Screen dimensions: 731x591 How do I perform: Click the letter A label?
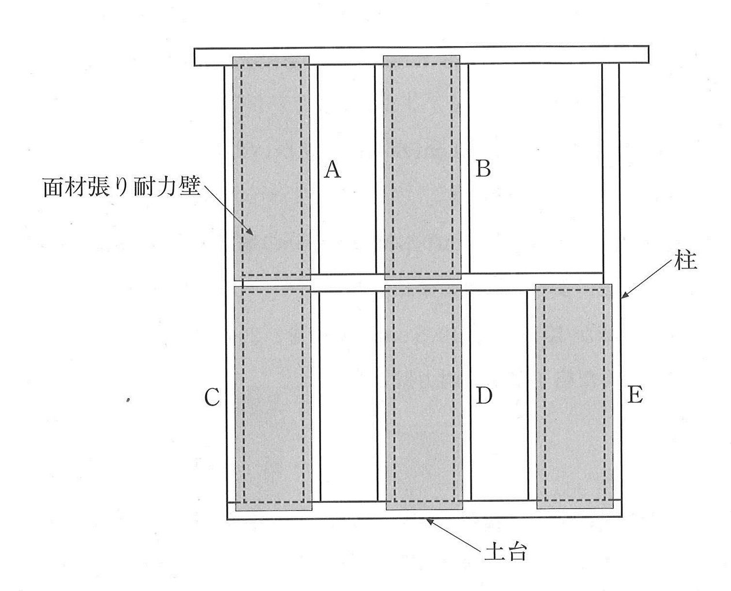point(332,170)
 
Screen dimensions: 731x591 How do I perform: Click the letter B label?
point(483,168)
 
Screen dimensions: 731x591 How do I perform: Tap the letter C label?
point(212,398)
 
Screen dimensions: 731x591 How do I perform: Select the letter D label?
point(484,395)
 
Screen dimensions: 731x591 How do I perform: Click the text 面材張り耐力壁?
point(121,186)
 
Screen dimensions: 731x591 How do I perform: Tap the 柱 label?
point(686,261)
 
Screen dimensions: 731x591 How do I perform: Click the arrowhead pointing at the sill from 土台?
point(429,521)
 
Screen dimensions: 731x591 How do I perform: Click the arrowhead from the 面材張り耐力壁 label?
point(251,232)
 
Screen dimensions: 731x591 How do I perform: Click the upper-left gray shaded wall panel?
point(271,168)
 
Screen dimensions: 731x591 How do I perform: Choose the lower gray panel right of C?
point(273,398)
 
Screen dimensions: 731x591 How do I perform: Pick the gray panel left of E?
point(574,396)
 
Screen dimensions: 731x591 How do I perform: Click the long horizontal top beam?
point(421,55)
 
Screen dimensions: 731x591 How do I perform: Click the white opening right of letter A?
point(346,170)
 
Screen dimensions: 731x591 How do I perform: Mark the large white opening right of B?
point(536,168)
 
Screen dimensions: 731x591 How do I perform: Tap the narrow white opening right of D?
point(499,395)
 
